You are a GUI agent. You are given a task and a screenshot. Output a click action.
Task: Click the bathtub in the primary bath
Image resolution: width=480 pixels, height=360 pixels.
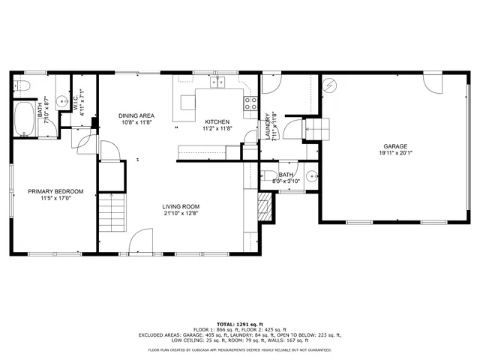[25, 120]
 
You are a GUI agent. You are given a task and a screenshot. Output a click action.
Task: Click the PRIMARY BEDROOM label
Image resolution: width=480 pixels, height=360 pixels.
[55, 191]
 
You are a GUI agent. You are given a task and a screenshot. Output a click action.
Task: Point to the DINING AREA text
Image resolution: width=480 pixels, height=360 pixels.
[136, 115]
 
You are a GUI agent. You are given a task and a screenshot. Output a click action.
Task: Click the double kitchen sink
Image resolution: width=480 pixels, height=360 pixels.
[217, 82]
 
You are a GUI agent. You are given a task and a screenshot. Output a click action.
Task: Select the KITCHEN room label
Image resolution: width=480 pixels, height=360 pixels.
[217, 121]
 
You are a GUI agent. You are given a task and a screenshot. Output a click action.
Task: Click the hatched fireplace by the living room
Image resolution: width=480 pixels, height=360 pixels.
[263, 207]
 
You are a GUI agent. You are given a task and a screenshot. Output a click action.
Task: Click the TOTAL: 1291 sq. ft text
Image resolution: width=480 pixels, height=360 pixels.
[240, 322]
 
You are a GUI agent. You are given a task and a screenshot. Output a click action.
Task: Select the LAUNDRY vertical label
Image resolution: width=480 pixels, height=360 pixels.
[268, 125]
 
